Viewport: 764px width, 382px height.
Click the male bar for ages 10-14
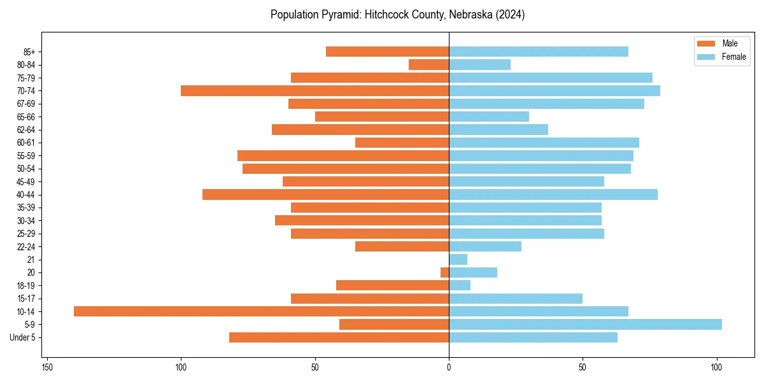(261, 311)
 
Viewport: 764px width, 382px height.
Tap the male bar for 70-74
(315, 90)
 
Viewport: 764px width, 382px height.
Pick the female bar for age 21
(458, 259)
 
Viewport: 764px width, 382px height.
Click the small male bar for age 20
(444, 272)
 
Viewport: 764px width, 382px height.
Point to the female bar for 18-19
(460, 285)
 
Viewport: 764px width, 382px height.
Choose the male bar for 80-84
(428, 64)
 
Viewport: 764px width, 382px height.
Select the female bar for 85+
(538, 52)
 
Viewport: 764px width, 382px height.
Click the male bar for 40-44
(325, 194)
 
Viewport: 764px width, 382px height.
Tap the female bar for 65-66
(488, 117)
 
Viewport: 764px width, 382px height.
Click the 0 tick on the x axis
(449, 367)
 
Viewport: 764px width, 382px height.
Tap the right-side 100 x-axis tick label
(716, 367)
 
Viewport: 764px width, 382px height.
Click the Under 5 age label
(22, 337)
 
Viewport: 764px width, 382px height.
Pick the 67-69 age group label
(25, 104)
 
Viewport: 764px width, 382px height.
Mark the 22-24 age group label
(25, 246)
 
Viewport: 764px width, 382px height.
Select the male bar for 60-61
(402, 143)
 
